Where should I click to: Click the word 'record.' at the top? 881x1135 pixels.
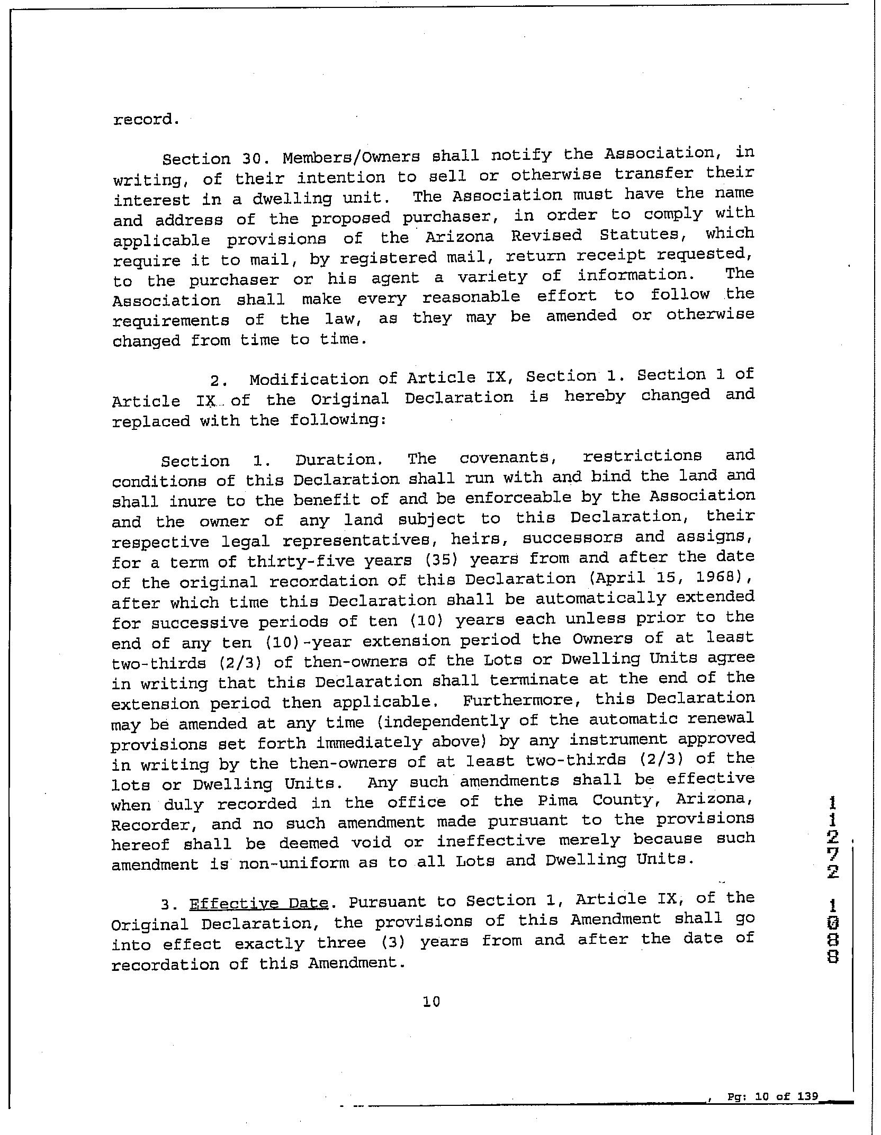click(146, 119)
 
